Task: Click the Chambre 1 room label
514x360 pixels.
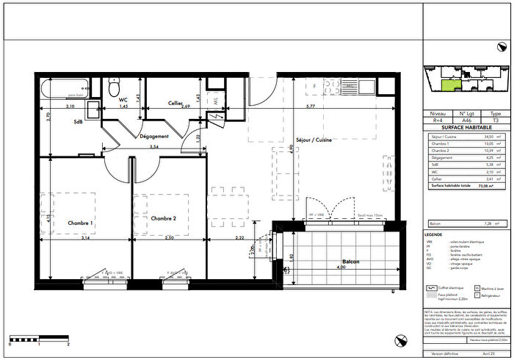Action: (80, 223)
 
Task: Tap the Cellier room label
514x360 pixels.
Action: (175, 103)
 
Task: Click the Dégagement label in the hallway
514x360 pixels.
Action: (155, 136)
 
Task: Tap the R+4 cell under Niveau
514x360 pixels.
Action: (438, 120)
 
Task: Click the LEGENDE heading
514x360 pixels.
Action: (434, 234)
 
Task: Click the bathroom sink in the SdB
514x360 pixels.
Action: (93, 111)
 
